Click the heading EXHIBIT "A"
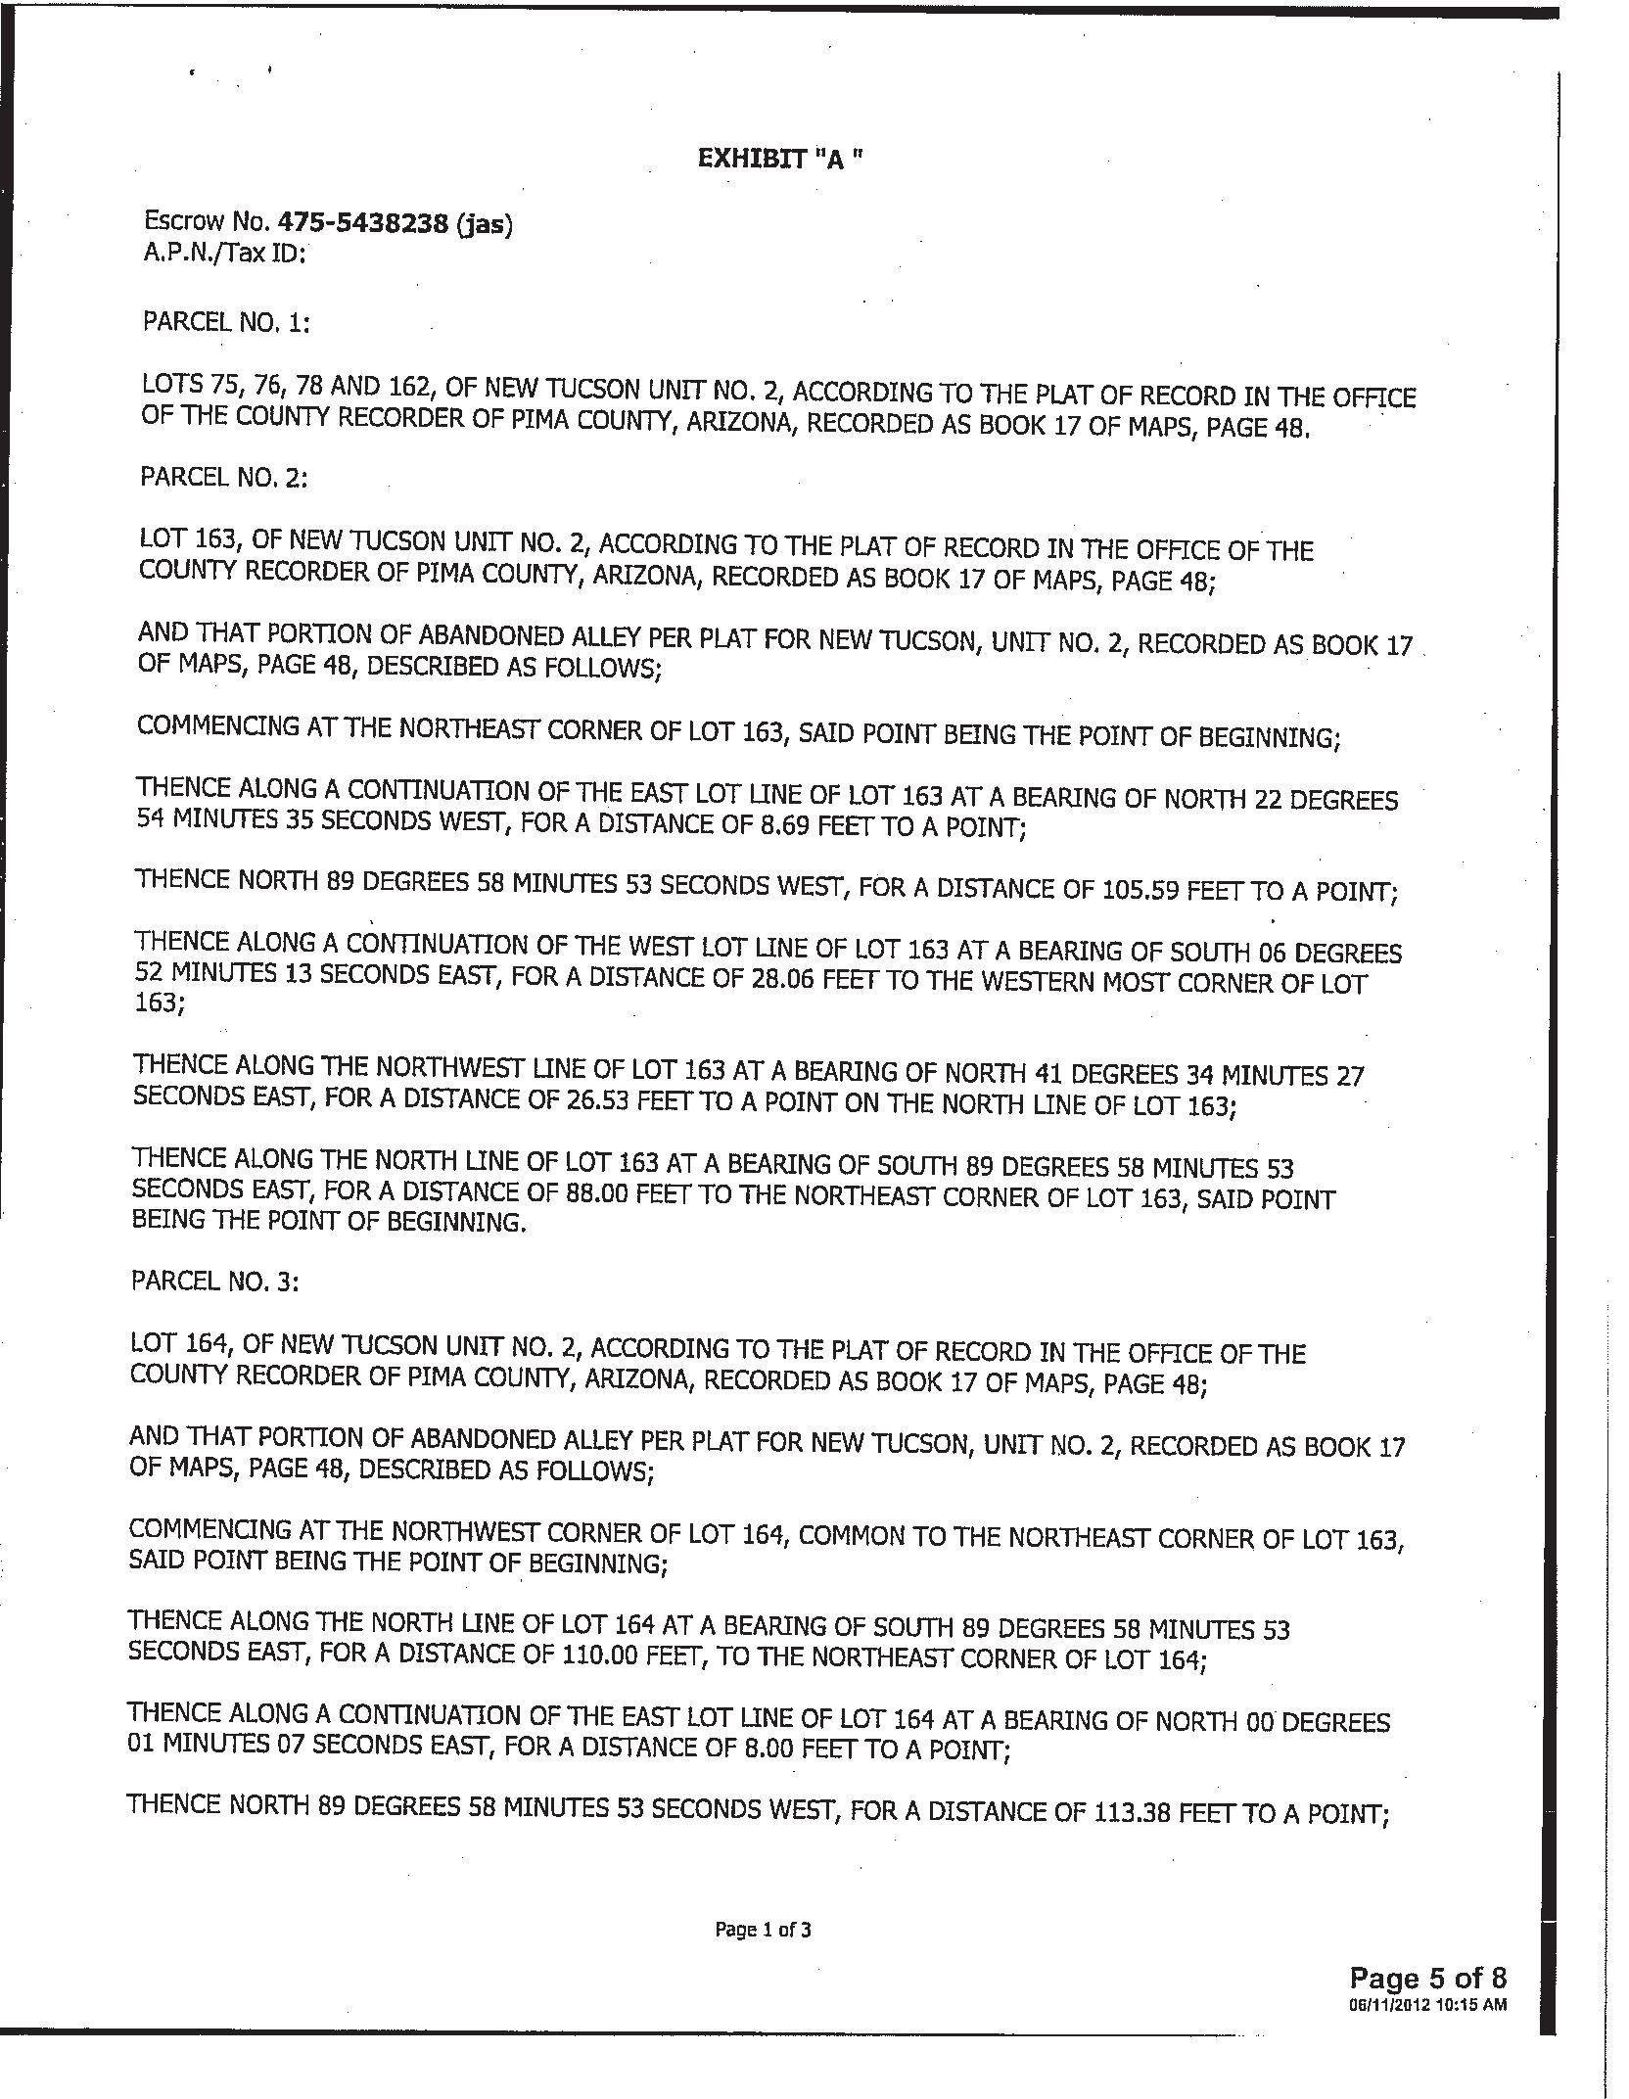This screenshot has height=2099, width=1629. pos(780,159)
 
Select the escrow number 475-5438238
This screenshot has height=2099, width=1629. pos(363,224)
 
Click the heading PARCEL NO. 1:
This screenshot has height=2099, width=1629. pos(226,322)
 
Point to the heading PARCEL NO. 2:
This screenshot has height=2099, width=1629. pos(224,477)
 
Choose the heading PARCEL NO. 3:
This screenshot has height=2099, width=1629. pos(214,1282)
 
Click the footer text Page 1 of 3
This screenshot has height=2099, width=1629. pos(763,1930)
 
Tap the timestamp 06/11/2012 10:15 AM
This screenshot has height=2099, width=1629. pos(1426,2004)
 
